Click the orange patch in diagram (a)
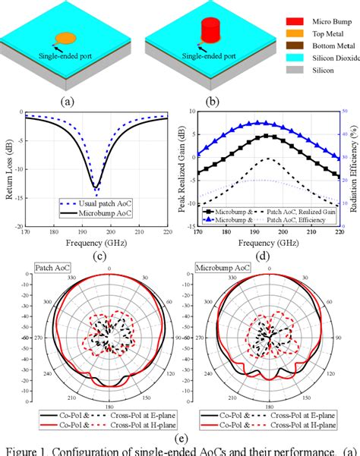pos(66,36)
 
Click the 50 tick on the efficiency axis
pos(343,112)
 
